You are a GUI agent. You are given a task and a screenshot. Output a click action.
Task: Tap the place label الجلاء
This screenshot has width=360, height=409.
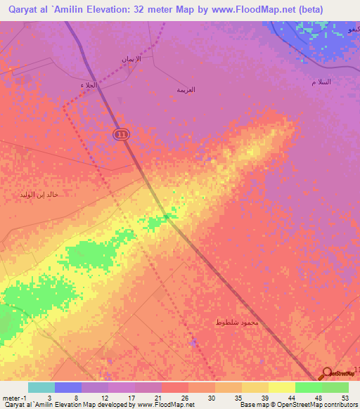coord(88,84)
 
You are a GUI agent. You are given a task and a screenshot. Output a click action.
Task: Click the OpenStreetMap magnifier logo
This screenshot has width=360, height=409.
coord(327,374)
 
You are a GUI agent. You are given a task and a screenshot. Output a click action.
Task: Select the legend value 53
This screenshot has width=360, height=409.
coord(346,398)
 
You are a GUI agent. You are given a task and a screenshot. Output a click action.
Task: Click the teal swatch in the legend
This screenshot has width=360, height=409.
coord(41,387)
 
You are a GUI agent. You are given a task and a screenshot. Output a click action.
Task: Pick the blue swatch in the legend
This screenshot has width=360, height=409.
coord(68,387)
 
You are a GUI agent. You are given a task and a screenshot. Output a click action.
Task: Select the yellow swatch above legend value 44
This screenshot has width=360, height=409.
coord(281,387)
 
